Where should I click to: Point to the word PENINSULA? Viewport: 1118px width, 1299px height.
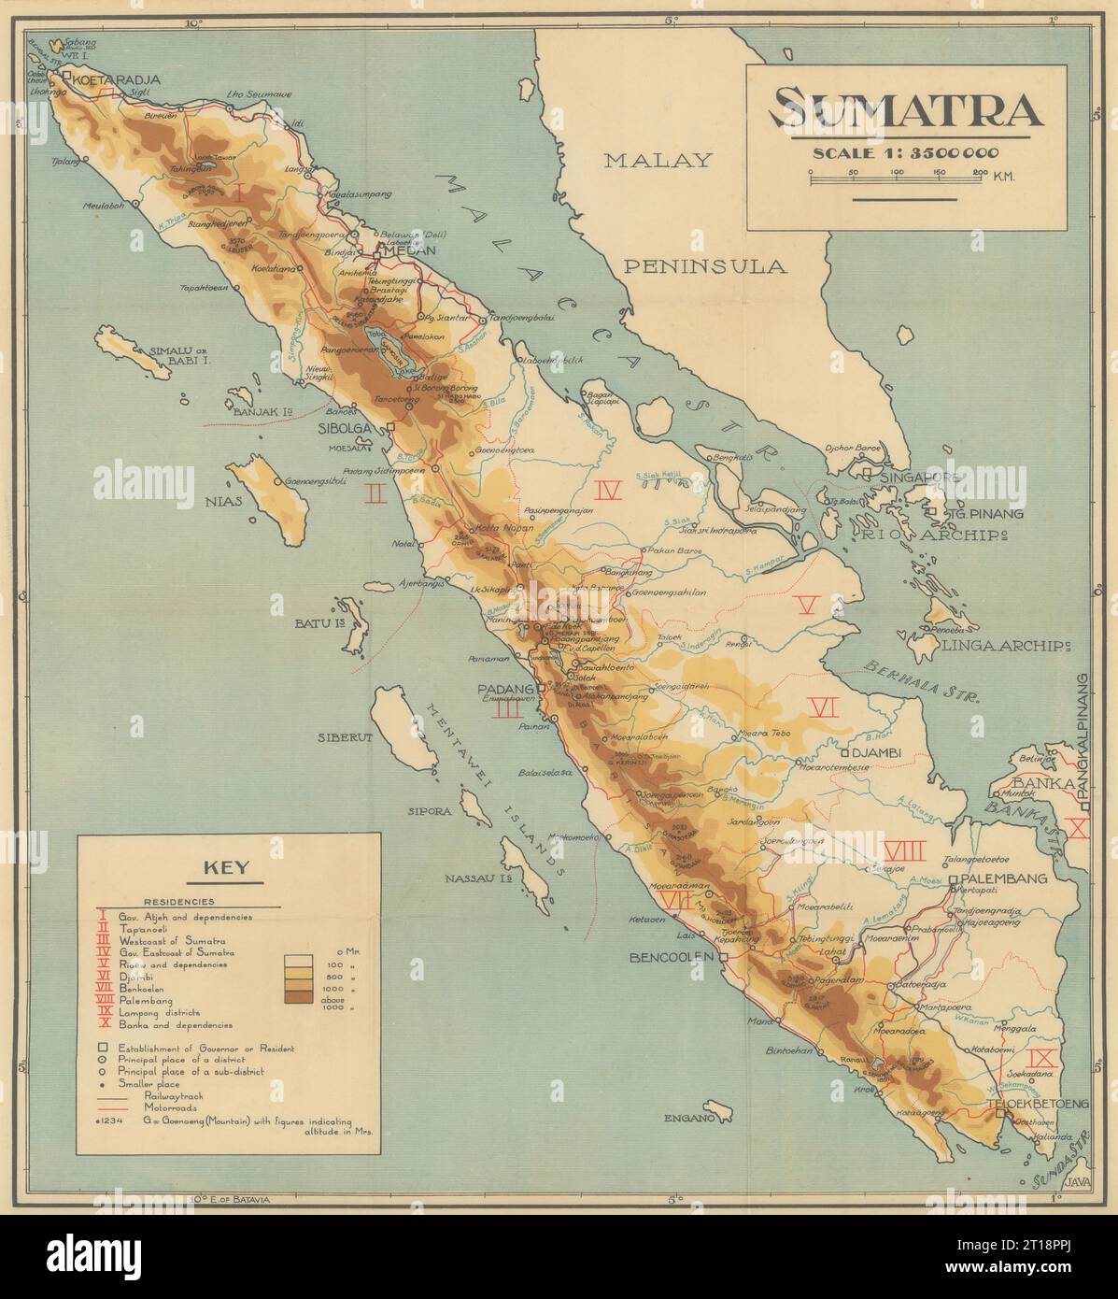704,266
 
